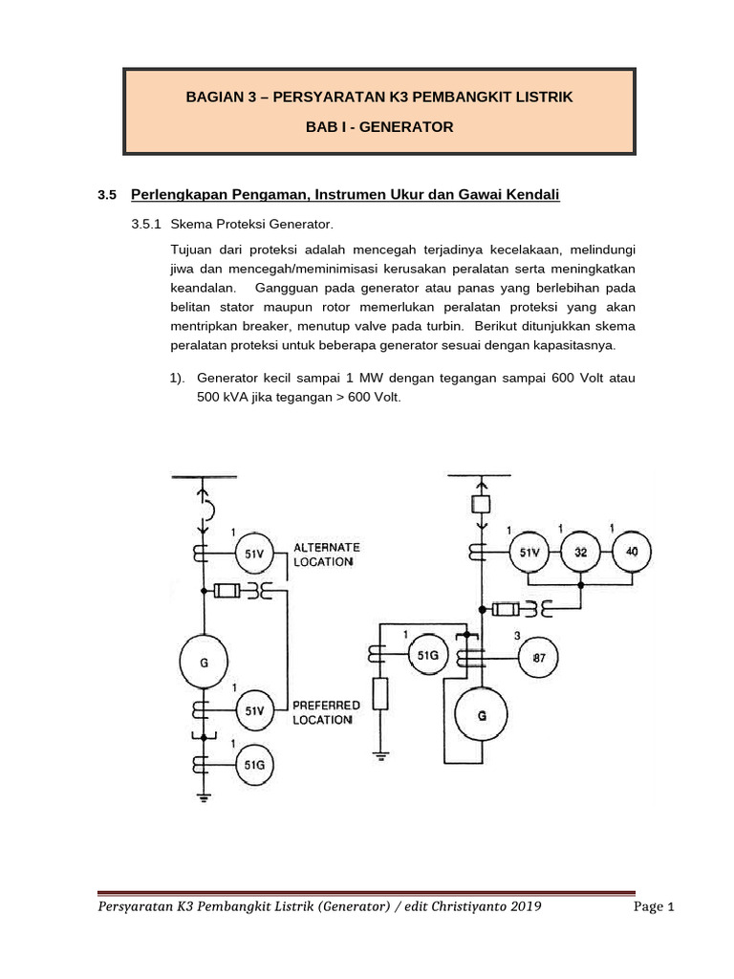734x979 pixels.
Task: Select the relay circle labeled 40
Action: point(631,552)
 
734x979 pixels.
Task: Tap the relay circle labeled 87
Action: point(538,658)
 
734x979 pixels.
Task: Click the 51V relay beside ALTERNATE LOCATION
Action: point(255,552)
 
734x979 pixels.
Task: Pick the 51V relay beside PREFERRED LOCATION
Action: point(255,710)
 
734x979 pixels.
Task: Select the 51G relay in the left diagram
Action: point(255,764)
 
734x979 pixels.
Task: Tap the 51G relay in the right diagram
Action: point(428,655)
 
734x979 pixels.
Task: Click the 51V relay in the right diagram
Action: point(529,552)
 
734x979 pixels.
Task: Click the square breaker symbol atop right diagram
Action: point(481,503)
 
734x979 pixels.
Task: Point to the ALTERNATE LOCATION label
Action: point(326,555)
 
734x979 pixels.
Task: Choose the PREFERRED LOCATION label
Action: point(327,712)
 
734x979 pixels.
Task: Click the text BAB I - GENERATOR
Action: point(379,126)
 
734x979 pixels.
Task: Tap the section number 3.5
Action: point(106,195)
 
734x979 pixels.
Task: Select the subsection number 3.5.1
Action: point(147,226)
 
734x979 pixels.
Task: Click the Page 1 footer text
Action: point(655,907)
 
